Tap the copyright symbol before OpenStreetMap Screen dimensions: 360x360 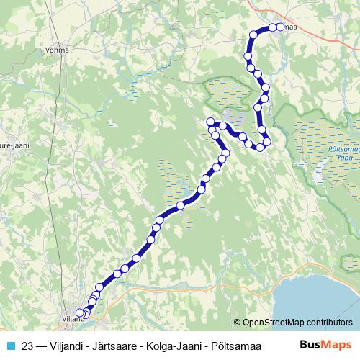(x=238, y=322)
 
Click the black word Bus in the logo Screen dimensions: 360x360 (x=311, y=345)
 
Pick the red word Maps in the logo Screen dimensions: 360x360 (x=338, y=345)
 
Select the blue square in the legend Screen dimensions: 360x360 (x=9, y=345)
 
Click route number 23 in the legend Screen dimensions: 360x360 (x=28, y=345)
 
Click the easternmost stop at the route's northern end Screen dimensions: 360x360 (x=281, y=27)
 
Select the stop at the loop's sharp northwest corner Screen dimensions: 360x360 (x=210, y=122)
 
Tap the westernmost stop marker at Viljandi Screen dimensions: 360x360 (x=80, y=313)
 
